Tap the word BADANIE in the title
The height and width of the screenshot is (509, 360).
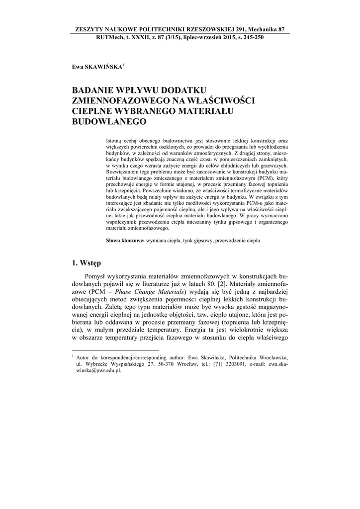click(95, 91)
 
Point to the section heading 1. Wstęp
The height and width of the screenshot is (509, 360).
click(87, 263)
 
